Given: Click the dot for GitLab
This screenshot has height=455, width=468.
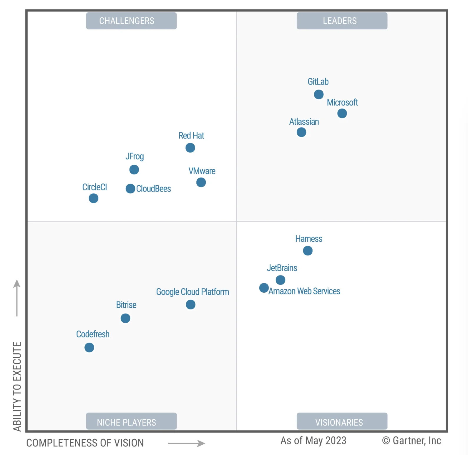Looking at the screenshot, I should point(318,94).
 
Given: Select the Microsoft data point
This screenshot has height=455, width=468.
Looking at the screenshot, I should point(342,113).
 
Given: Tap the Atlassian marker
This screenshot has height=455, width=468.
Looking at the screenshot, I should point(301,132).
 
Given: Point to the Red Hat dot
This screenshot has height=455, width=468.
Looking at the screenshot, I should point(190,148).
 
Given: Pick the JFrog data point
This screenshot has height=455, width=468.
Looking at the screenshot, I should point(134,169).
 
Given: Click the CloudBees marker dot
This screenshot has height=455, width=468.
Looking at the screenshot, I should point(130,189).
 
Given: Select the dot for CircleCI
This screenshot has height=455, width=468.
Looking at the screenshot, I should point(94,198).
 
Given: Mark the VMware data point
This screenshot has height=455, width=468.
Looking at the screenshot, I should point(201,182).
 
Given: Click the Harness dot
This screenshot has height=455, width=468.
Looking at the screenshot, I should point(308,251).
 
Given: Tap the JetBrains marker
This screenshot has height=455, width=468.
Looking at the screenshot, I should point(281,280).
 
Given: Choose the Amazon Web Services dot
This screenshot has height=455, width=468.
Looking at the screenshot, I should point(264,288).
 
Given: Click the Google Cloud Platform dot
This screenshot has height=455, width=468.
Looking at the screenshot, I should point(190,304).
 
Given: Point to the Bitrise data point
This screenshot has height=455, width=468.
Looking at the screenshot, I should point(125,318).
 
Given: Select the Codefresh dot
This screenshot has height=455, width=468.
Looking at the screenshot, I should point(89,347).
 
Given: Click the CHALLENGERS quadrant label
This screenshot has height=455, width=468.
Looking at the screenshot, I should point(131,21).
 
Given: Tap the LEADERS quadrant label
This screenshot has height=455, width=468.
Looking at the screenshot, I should point(342,21).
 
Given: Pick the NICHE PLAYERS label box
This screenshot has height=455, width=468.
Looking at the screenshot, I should point(131,421).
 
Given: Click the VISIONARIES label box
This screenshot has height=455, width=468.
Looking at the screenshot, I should point(342,421).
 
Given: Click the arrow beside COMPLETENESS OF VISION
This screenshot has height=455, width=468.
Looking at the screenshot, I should point(187,443).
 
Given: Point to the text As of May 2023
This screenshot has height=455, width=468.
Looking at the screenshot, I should point(313,441).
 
